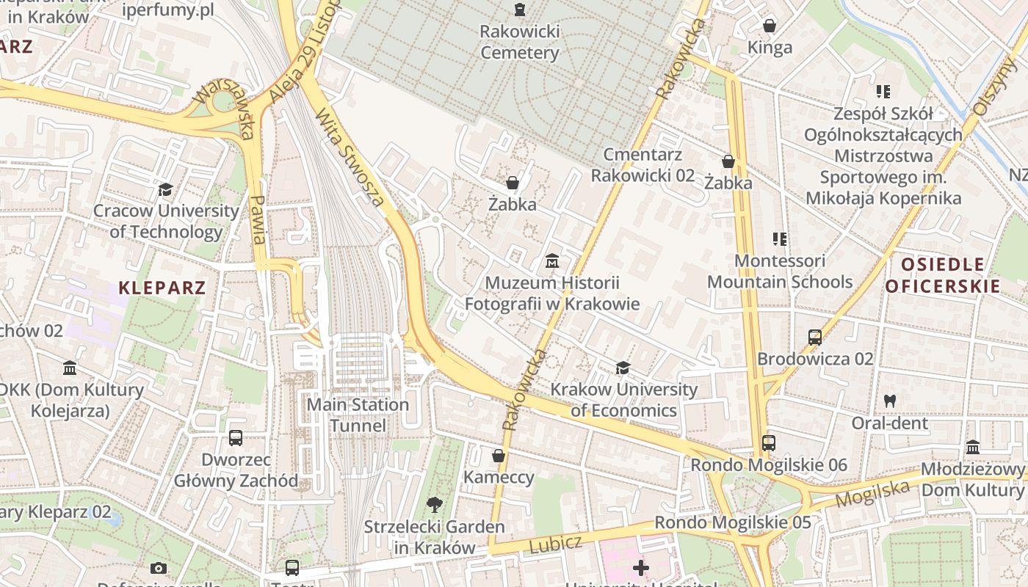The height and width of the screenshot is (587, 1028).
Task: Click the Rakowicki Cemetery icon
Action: click(520, 10)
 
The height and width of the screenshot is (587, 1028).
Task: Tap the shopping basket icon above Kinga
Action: click(770, 26)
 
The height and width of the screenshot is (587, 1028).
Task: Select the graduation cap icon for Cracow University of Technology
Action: click(165, 190)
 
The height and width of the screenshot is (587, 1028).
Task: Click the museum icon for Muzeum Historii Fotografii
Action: click(552, 261)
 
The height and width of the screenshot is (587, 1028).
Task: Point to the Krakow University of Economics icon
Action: click(623, 368)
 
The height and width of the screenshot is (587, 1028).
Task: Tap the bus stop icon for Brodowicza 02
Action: click(815, 338)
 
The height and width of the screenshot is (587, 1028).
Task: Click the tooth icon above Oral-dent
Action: click(890, 401)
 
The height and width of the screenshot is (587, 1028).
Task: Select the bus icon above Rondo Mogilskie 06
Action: click(769, 443)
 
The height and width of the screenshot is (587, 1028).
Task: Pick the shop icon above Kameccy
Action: click(499, 456)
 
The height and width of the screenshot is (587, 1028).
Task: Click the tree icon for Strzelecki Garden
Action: click(435, 505)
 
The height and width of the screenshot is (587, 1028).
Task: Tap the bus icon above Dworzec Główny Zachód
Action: click(236, 438)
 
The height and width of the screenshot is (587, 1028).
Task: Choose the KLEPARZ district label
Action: click(162, 288)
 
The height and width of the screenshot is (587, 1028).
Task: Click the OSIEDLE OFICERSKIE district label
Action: click(943, 275)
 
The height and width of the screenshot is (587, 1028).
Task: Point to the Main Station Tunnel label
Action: click(358, 415)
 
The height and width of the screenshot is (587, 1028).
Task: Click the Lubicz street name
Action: click(555, 545)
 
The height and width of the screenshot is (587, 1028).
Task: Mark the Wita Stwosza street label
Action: click(350, 157)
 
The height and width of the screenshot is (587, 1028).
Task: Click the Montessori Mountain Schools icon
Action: click(780, 239)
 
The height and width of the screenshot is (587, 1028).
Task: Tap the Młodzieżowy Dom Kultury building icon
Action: click(973, 448)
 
